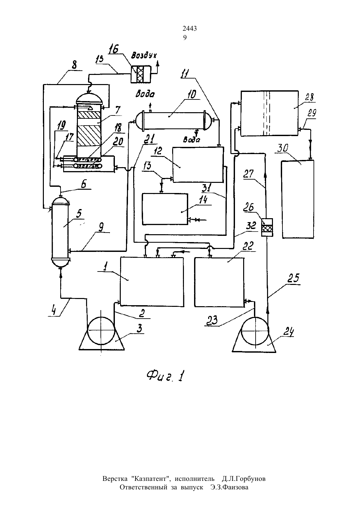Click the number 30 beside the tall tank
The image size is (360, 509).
pos(282,148)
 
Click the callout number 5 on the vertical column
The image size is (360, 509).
pos(79,214)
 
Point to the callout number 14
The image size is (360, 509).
pos(203,200)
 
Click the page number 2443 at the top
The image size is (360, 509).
pos(190,28)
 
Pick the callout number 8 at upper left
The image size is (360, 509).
pos(74,65)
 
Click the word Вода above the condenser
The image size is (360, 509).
pos(145,94)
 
